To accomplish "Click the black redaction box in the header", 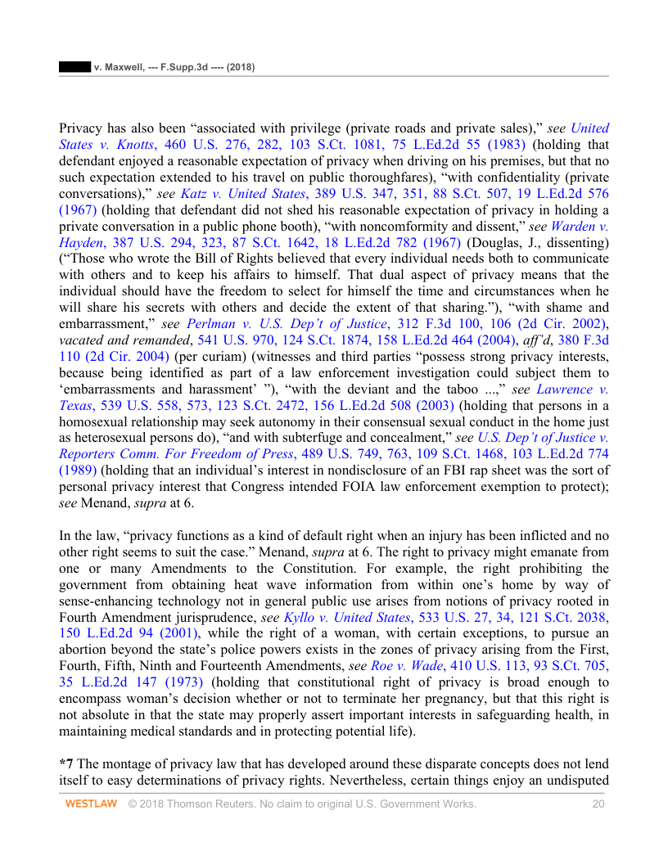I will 74,67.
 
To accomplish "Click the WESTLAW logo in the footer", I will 92,804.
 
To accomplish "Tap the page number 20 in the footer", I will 598,804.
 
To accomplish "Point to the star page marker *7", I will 65,763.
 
